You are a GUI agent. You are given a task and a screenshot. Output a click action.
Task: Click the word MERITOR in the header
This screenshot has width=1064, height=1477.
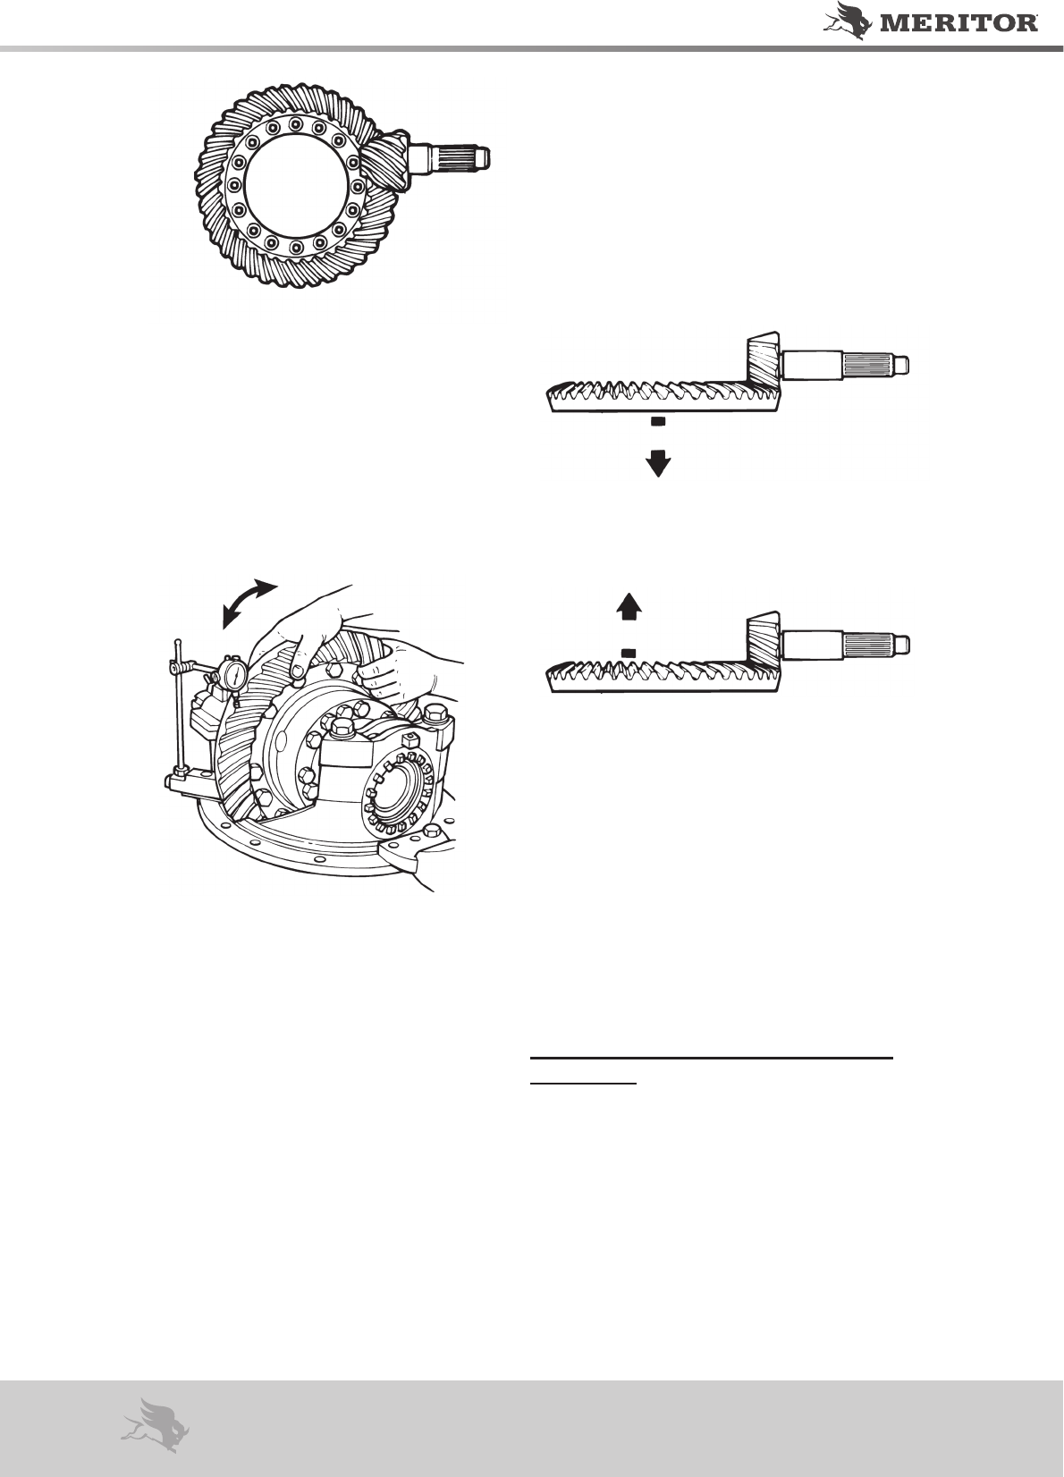pos(959,23)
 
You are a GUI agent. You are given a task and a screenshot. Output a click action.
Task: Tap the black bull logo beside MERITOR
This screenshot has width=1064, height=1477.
pos(849,21)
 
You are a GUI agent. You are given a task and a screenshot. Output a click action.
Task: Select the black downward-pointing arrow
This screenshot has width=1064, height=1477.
pos(658,463)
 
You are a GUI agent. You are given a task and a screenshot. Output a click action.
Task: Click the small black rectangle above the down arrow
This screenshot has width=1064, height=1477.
pos(658,421)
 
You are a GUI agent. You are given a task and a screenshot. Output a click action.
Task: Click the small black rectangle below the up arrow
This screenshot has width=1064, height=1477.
pos(629,652)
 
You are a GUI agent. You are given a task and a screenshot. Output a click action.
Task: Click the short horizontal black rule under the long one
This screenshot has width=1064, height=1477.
pos(584,1083)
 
